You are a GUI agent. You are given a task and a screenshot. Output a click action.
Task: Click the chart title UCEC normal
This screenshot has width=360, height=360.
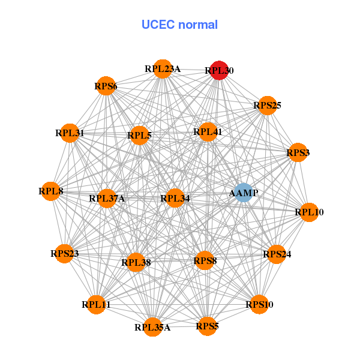tap(179, 25)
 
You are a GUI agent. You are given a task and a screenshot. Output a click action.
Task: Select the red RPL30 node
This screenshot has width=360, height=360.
tap(219, 70)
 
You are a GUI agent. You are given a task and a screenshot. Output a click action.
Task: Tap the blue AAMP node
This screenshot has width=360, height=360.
tap(243, 193)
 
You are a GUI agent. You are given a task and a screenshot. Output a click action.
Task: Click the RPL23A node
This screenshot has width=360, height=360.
tap(162, 68)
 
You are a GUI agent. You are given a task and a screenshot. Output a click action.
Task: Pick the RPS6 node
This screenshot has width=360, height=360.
tap(106, 86)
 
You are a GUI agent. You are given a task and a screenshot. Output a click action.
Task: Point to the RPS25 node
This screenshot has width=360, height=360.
tap(267, 106)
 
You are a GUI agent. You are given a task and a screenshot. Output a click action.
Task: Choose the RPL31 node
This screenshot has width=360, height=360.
tap(70, 133)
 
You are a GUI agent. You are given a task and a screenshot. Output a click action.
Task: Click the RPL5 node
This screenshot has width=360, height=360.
tap(139, 136)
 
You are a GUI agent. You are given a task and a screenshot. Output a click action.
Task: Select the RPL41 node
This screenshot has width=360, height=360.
tap(208, 132)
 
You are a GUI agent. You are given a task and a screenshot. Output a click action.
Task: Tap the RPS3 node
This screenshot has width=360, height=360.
tap(298, 153)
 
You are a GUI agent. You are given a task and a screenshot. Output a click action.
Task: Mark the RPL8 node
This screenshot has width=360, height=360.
tap(50, 191)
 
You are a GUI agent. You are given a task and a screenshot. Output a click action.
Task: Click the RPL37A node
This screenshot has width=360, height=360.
tap(107, 198)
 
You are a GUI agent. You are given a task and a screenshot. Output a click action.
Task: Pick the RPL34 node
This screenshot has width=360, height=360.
tap(175, 198)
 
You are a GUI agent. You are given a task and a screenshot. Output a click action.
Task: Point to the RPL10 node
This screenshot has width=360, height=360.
tap(309, 212)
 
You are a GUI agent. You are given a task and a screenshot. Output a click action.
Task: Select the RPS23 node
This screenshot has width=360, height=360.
tap(64, 254)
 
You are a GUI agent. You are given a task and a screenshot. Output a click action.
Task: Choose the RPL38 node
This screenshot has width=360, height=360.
tap(136, 262)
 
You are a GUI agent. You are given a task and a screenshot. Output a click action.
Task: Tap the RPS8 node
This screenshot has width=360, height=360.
tap(205, 260)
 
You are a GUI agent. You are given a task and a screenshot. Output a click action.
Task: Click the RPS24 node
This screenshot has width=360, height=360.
tap(277, 254)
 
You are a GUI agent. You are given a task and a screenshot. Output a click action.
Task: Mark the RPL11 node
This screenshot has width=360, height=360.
tap(96, 305)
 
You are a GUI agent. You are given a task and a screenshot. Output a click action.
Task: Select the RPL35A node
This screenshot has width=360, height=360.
tap(152, 327)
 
